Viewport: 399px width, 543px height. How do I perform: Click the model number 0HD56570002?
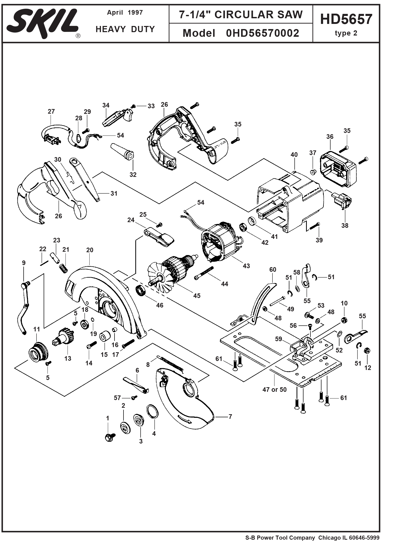pyautogui.click(x=262, y=33)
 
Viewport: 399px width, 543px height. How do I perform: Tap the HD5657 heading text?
pyautogui.click(x=346, y=19)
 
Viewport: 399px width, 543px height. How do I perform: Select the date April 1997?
pyautogui.click(x=125, y=13)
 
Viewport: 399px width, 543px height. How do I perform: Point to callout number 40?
pyautogui.click(x=294, y=155)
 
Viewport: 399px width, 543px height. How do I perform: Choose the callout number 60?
pyautogui.click(x=273, y=270)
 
